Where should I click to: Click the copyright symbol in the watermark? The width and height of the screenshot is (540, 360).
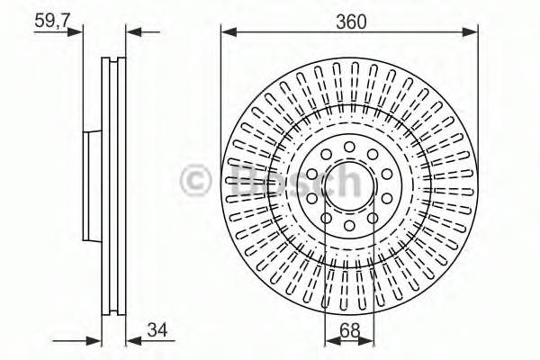196,180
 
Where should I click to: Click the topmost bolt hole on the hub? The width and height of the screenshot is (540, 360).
349,146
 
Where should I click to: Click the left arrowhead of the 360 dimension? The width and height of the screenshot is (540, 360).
227,32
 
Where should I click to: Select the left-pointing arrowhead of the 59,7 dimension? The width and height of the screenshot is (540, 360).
131,32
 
